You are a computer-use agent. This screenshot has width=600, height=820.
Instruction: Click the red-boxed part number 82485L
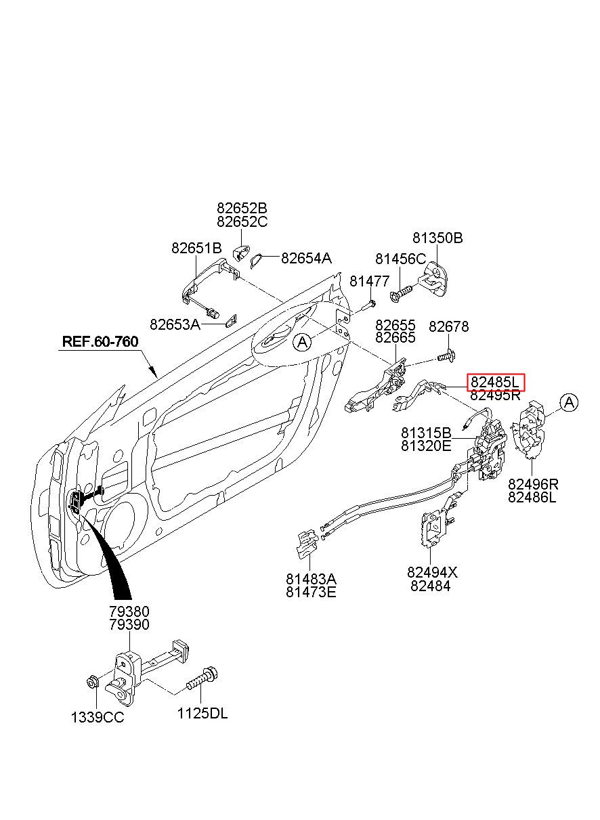pyautogui.click(x=494, y=382)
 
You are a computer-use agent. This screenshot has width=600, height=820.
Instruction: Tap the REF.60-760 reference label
pyautogui.click(x=100, y=341)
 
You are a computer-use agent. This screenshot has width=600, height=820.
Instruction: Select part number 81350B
pyautogui.click(x=437, y=238)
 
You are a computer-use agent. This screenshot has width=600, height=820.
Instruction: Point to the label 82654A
pyautogui.click(x=306, y=259)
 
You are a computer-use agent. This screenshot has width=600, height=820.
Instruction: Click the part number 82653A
pyautogui.click(x=175, y=324)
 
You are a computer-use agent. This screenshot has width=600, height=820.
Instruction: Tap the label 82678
pyautogui.click(x=448, y=326)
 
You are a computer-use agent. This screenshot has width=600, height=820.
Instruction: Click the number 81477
pyautogui.click(x=369, y=281)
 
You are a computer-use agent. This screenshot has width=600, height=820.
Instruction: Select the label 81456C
pyautogui.click(x=400, y=259)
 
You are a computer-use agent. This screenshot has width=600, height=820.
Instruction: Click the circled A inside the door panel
pyautogui.click(x=302, y=342)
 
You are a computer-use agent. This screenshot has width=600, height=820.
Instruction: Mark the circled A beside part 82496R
pyautogui.click(x=569, y=403)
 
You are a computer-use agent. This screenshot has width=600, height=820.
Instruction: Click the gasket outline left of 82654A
pyautogui.click(x=255, y=260)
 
